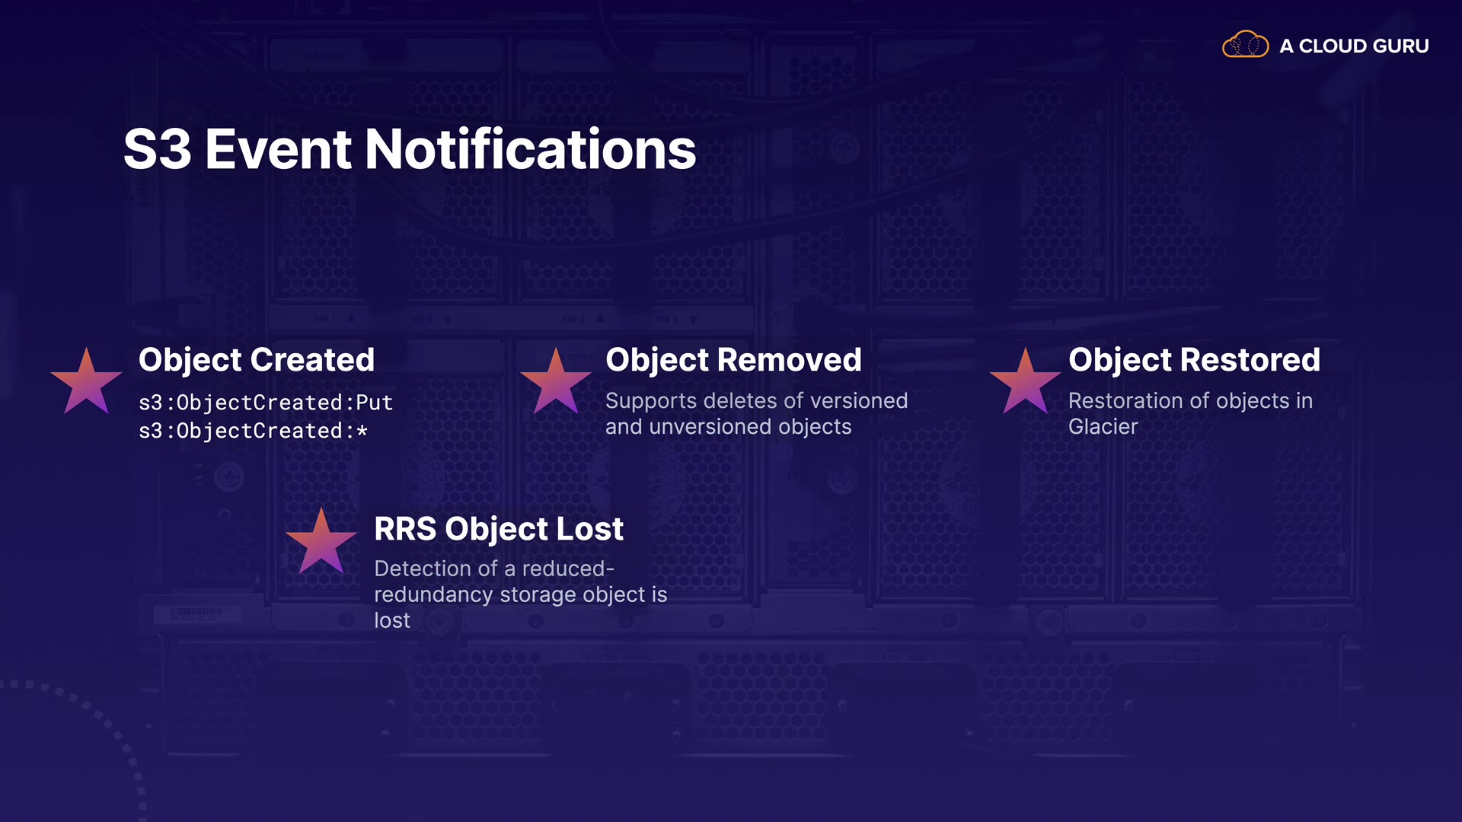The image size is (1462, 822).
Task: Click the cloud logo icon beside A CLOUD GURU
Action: click(1245, 45)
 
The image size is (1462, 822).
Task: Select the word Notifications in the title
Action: click(531, 149)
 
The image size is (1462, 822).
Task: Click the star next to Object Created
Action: click(86, 381)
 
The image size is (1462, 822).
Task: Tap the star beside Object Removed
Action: click(556, 381)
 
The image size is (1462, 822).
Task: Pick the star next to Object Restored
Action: click(1026, 381)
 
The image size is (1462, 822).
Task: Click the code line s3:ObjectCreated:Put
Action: click(266, 403)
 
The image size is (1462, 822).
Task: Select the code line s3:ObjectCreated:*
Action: click(254, 431)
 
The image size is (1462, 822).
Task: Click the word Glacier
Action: click(1103, 427)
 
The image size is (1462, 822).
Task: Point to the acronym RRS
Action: click(405, 529)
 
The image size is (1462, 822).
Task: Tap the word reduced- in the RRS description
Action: click(568, 569)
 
